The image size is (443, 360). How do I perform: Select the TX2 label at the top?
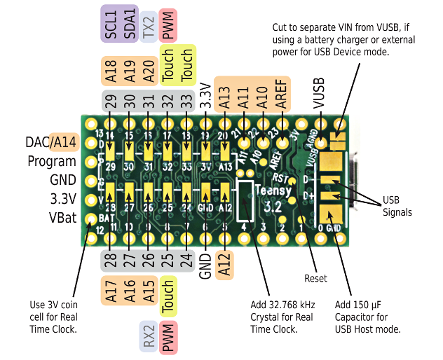click(148, 26)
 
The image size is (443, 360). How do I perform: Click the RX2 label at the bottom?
click(148, 337)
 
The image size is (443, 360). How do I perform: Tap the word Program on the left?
click(52, 162)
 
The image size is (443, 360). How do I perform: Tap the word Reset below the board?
click(315, 278)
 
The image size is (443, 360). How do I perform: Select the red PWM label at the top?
click(168, 26)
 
